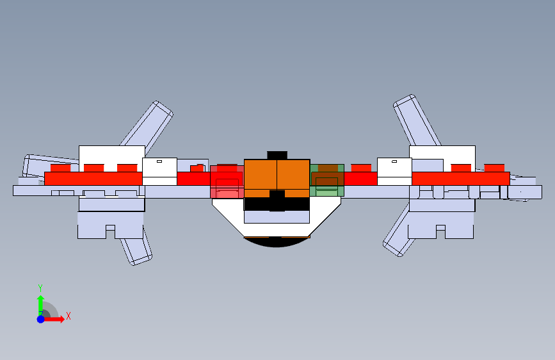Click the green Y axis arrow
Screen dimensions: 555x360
click(40, 302)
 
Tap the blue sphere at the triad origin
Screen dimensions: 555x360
click(40, 319)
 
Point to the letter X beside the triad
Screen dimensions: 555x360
click(68, 316)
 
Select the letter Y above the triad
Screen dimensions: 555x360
click(40, 288)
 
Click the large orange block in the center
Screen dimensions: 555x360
click(277, 178)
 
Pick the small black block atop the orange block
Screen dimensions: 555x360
click(277, 154)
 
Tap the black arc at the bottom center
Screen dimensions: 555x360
click(277, 242)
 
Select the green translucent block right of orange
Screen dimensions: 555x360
click(327, 180)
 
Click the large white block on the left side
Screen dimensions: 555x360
click(111, 154)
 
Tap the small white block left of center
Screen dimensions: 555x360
click(159, 171)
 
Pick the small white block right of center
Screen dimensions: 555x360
click(394, 171)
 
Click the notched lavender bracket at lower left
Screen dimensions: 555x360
click(111, 225)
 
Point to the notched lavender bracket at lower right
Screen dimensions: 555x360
click(441, 225)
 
